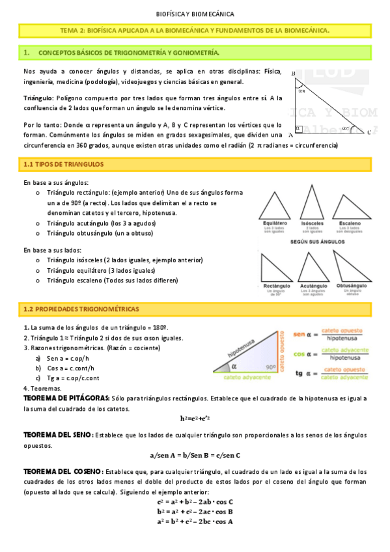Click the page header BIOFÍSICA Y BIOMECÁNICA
tap(195, 14)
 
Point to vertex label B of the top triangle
tap(294, 73)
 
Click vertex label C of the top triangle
tap(369, 132)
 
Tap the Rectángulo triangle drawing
tap(276, 265)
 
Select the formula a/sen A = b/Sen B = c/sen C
tap(195, 455)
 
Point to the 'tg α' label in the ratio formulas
tap(301, 374)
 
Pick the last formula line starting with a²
tap(195, 521)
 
